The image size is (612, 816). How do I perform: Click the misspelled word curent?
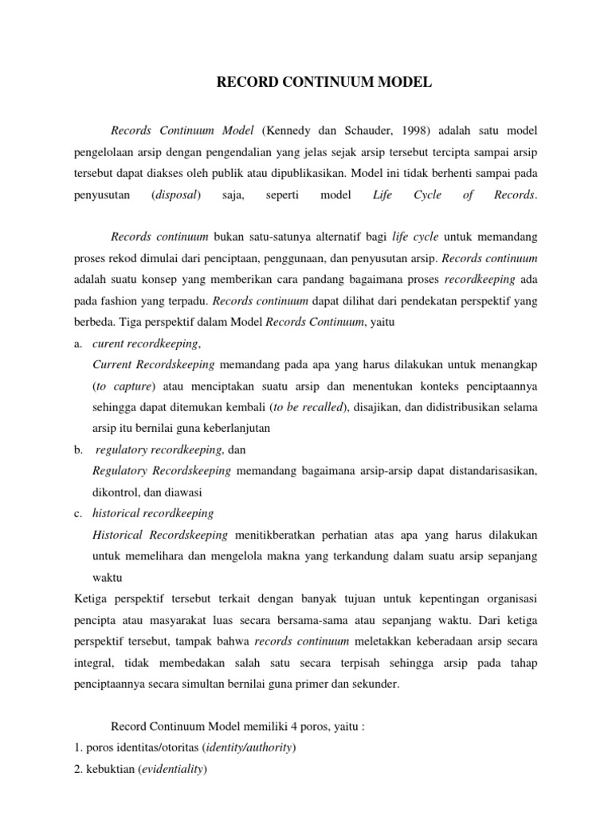(110, 343)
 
